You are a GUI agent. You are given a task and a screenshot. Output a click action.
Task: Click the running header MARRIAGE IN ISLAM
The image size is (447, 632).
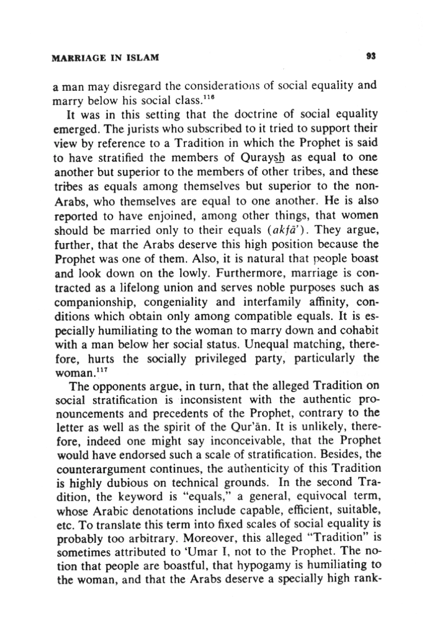(x=105, y=58)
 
